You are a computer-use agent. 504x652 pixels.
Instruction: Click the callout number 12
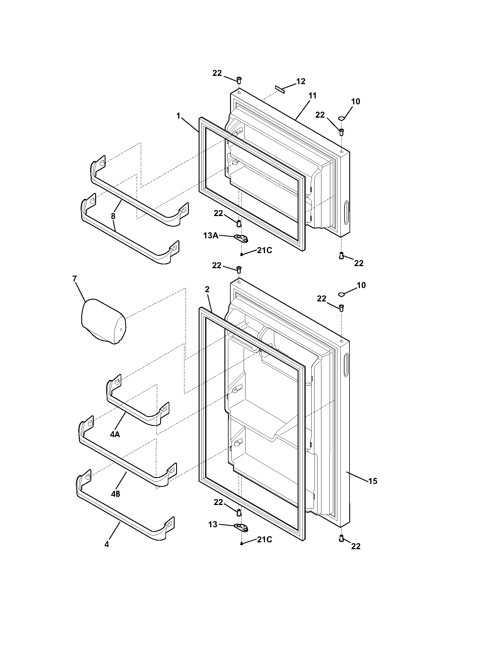[x=301, y=81]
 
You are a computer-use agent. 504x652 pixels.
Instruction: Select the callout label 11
[x=312, y=96]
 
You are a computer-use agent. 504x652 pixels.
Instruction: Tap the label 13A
[x=210, y=236]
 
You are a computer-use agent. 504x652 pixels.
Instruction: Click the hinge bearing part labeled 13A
[x=241, y=238]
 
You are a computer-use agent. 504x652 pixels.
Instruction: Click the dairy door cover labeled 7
[x=103, y=321]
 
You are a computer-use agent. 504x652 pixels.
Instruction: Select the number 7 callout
[x=74, y=279]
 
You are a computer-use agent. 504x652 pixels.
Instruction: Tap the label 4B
[x=116, y=494]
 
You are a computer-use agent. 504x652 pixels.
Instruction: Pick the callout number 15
[x=373, y=481]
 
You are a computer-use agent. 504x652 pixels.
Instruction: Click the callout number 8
[x=113, y=216]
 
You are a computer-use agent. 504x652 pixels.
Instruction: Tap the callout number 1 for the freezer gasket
[x=178, y=116]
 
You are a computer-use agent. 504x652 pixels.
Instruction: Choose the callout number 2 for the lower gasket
[x=207, y=289]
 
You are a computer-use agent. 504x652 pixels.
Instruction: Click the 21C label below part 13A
[x=264, y=250]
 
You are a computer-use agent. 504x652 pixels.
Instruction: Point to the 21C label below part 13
[x=264, y=539]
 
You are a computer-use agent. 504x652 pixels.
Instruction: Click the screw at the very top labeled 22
[x=239, y=80]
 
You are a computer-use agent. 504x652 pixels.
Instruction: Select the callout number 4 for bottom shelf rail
[x=107, y=544]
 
